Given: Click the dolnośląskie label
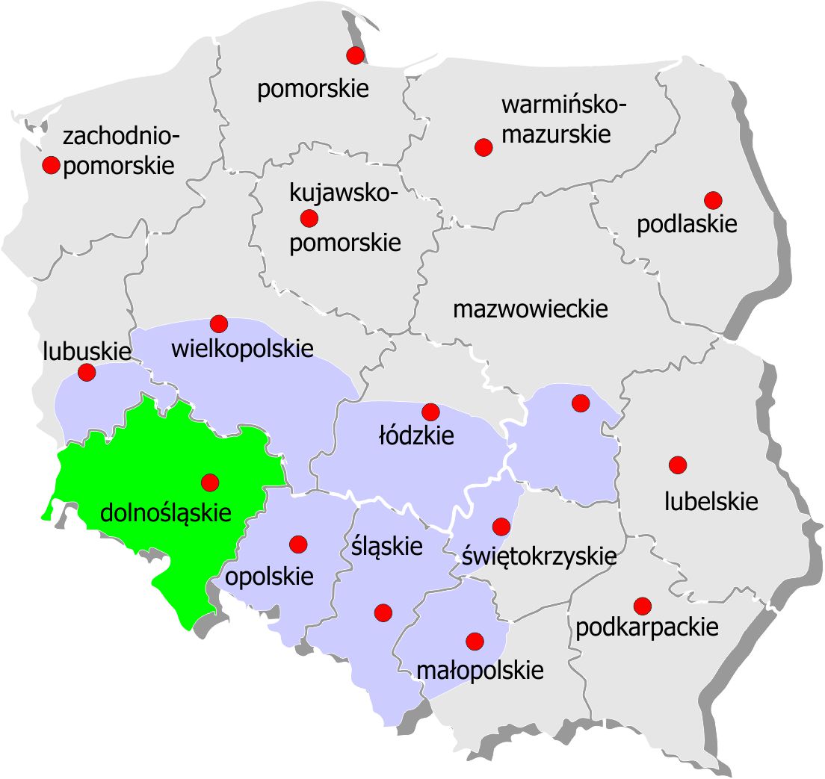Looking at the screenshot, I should pyautogui.click(x=165, y=513).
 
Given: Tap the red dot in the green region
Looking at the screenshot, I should pyautogui.click(x=210, y=482).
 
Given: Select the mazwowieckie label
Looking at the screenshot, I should pyautogui.click(x=531, y=309).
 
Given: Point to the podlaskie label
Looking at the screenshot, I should pyautogui.click(x=687, y=224).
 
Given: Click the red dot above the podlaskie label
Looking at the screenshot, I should pyautogui.click(x=713, y=200).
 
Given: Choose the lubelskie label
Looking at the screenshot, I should pyautogui.click(x=711, y=501).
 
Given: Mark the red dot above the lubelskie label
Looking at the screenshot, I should pyautogui.click(x=678, y=465).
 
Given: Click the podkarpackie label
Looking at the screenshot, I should pyautogui.click(x=646, y=627).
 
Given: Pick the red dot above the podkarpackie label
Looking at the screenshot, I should pyautogui.click(x=642, y=605).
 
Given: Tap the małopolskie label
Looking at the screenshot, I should pyautogui.click(x=479, y=670).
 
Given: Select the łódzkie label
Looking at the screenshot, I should pyautogui.click(x=416, y=435).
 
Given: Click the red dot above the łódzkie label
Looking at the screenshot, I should pyautogui.click(x=430, y=412).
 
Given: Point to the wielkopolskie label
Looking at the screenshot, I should pyautogui.click(x=242, y=349).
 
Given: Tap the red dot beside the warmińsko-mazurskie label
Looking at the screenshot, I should pyautogui.click(x=483, y=147).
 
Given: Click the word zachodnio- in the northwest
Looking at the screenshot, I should pyautogui.click(x=122, y=137).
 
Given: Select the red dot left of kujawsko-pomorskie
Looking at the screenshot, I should pyautogui.click(x=309, y=218).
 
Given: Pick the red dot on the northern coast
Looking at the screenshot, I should pyautogui.click(x=356, y=55).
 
